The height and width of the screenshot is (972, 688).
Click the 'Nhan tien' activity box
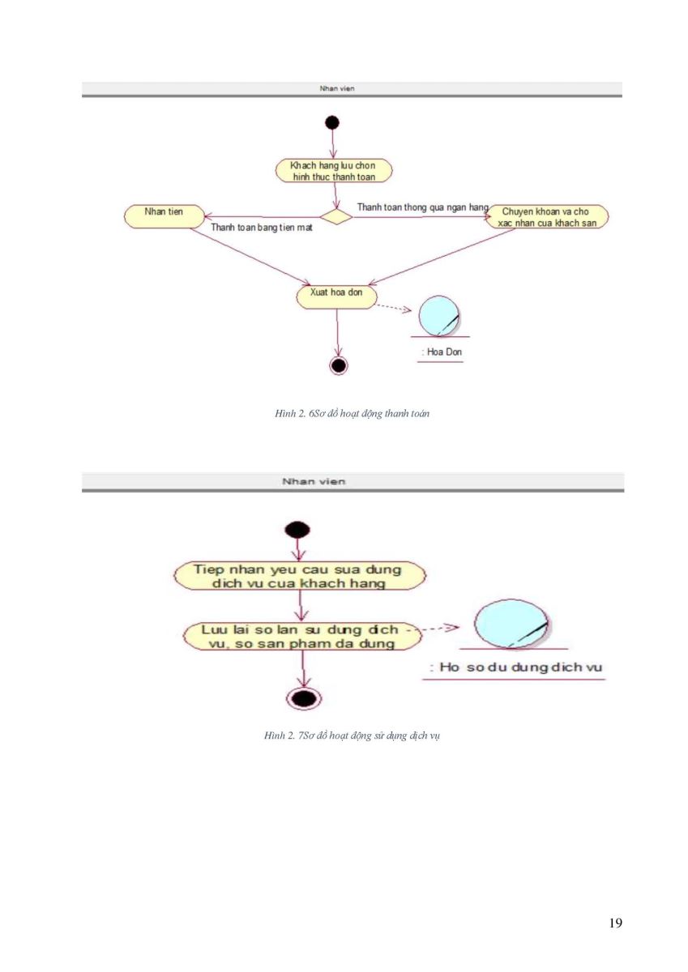click(x=164, y=216)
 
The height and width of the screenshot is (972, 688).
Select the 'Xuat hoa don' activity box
click(x=336, y=296)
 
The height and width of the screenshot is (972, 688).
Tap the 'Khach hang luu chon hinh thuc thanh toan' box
click(x=333, y=171)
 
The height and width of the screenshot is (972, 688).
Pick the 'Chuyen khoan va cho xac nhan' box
click(x=546, y=216)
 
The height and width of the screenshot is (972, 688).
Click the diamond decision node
click(x=336, y=216)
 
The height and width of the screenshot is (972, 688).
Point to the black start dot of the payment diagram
click(x=332, y=123)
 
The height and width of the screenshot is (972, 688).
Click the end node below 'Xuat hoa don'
click(x=339, y=365)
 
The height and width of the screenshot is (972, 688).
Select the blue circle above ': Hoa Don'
click(x=439, y=316)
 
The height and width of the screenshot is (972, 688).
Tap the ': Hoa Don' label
click(x=441, y=352)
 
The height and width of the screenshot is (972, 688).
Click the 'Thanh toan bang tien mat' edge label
click(x=261, y=227)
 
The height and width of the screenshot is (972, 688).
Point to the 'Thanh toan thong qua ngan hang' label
click(x=423, y=207)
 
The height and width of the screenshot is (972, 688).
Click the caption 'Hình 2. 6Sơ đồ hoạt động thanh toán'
click(x=352, y=413)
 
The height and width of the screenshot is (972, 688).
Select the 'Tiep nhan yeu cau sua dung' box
click(x=300, y=576)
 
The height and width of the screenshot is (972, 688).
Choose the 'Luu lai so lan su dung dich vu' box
click(x=302, y=636)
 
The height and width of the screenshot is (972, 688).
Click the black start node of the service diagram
click(x=297, y=530)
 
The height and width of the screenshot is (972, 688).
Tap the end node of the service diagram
click(x=304, y=698)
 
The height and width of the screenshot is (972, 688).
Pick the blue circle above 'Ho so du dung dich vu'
click(x=511, y=624)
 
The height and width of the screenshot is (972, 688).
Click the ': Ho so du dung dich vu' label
click(x=515, y=667)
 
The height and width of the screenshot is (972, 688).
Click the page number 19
click(x=616, y=923)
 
